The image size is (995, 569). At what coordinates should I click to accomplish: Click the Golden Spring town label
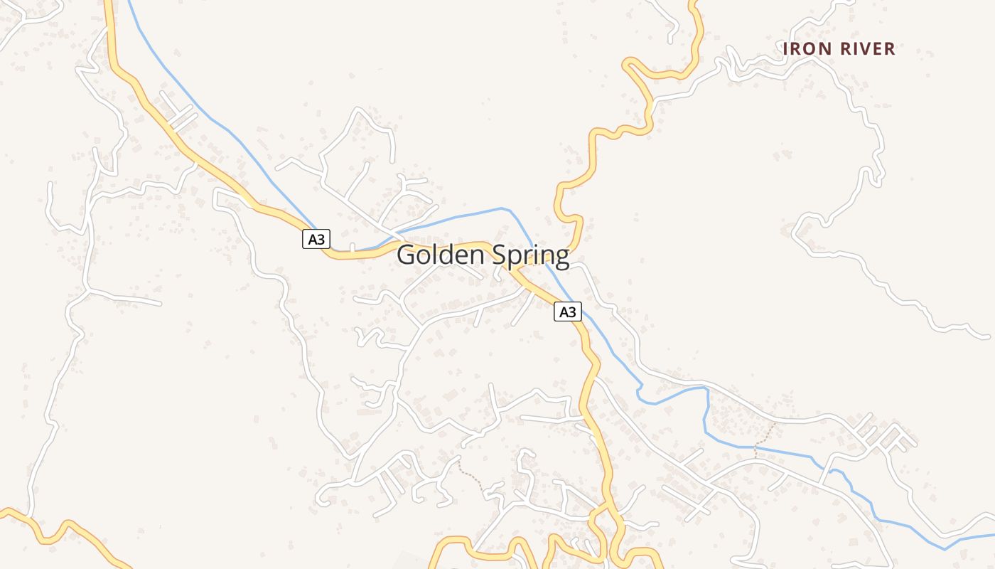click(483, 255)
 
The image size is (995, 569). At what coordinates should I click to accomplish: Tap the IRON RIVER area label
click(839, 49)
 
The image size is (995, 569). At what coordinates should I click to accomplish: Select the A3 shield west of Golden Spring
click(316, 240)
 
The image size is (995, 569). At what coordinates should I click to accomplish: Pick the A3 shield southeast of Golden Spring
click(567, 312)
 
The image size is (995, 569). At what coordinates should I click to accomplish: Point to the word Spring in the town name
click(534, 257)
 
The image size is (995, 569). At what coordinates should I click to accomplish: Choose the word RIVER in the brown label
click(867, 49)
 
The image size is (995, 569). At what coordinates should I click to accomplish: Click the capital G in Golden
click(407, 255)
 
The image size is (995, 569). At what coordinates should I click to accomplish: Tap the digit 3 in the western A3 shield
click(321, 240)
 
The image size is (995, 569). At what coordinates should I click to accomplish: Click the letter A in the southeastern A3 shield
click(563, 312)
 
